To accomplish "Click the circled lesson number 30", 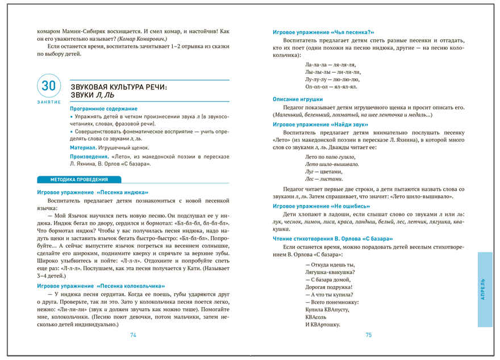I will pos(49,87).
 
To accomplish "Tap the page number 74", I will pos(134,335).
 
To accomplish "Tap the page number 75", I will pos(368,335).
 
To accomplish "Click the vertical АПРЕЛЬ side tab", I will pos(484,290).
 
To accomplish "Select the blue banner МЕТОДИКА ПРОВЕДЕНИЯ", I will pos(72,179).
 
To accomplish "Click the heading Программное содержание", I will pos(103,108).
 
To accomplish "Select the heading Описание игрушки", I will pos(298,99).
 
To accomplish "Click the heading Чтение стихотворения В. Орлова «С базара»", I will pos(332,238).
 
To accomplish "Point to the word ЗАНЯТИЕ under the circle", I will pos(49,102).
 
